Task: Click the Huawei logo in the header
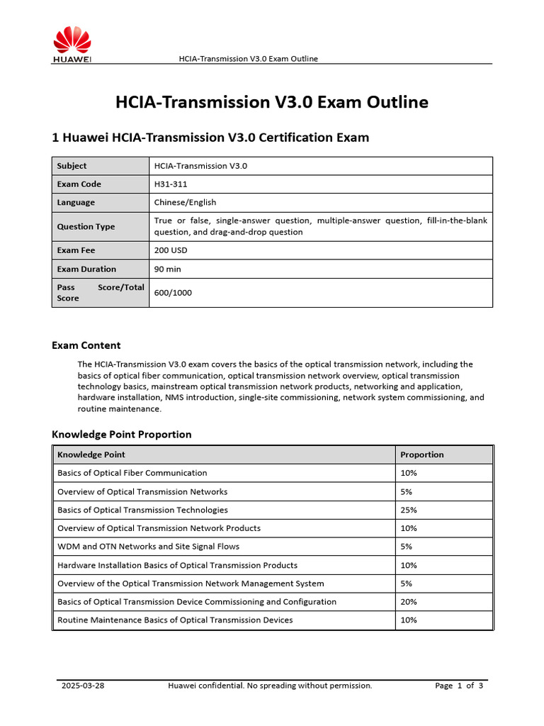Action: click(72, 45)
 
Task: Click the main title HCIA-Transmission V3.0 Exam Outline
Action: click(272, 102)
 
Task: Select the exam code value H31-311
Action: click(171, 184)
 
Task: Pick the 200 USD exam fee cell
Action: click(171, 250)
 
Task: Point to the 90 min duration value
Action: click(168, 269)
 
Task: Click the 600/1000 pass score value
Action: click(173, 293)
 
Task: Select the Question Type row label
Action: click(86, 227)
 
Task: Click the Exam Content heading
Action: click(86, 345)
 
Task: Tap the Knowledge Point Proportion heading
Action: click(122, 434)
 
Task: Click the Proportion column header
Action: click(422, 454)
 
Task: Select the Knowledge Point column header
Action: click(91, 454)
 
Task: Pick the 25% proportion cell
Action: click(409, 510)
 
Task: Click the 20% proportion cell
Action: click(409, 602)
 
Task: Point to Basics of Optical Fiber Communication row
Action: click(132, 473)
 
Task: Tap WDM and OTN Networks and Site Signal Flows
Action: click(148, 547)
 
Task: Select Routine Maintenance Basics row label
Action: click(175, 620)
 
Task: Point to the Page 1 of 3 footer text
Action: click(459, 686)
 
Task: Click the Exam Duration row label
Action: click(86, 269)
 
